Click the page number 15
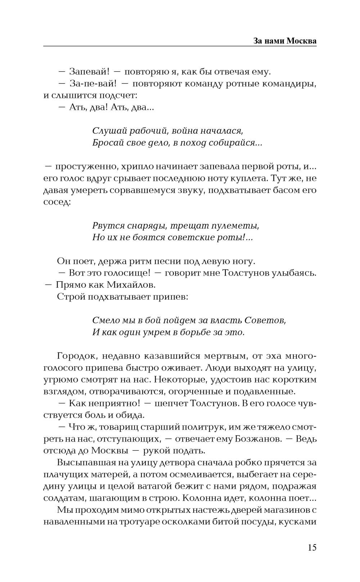click(x=312, y=548)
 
